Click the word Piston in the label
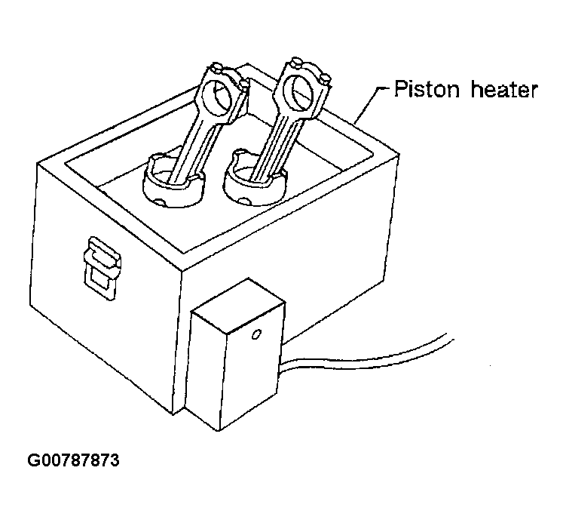tap(424, 90)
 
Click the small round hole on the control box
tap(256, 332)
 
